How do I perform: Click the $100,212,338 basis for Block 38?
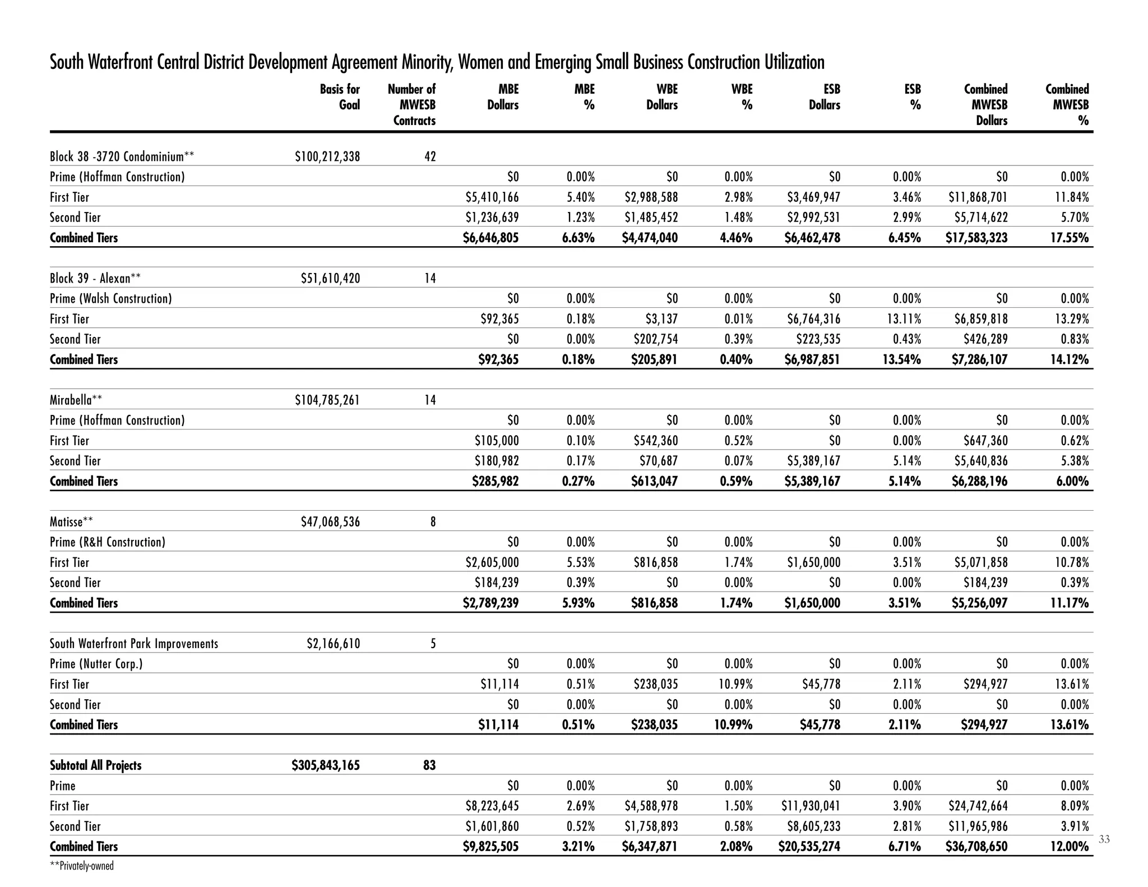point(327,156)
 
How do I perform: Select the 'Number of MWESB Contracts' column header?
point(412,105)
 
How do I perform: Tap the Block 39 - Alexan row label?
point(95,279)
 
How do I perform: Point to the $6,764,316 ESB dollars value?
point(812,319)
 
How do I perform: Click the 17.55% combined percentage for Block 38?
point(1069,238)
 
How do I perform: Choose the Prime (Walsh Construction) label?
point(111,299)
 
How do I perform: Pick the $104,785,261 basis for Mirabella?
point(327,400)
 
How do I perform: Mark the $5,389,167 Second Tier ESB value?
point(812,461)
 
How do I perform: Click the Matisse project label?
point(71,522)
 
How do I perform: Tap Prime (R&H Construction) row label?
point(108,542)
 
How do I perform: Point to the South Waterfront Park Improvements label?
point(134,644)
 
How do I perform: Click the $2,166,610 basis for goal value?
point(333,644)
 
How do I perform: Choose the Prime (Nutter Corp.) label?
point(96,664)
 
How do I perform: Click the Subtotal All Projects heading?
point(96,765)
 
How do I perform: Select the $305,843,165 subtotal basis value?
point(326,765)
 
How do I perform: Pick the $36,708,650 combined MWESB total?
point(976,847)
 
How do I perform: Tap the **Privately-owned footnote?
point(82,866)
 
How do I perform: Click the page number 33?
point(1104,839)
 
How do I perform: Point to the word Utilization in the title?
point(794,62)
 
